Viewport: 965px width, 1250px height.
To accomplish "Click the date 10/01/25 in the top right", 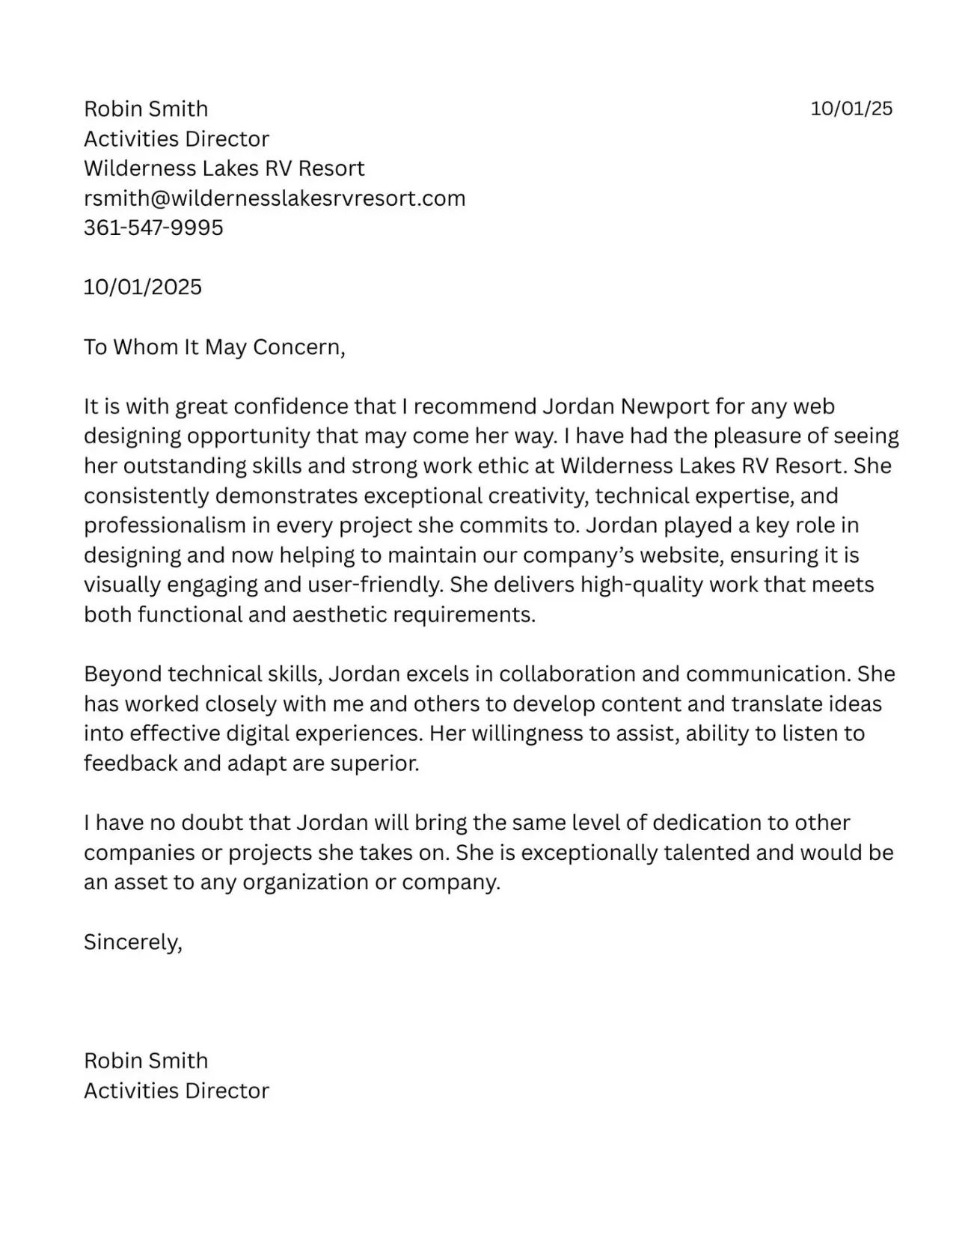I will tap(851, 109).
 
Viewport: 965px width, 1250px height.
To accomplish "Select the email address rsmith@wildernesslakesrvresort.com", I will tap(275, 198).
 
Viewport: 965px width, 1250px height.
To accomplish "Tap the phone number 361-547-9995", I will tap(153, 228).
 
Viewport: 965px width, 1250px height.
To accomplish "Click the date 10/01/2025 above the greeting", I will tap(143, 287).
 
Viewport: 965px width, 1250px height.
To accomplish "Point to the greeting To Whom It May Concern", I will tap(214, 347).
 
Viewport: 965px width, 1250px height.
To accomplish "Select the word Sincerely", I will tap(132, 942).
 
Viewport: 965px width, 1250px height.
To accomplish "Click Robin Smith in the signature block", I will tap(146, 1061).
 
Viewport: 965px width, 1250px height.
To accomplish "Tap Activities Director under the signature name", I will tap(177, 1091).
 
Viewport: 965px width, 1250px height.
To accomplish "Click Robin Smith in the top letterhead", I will tap(146, 109).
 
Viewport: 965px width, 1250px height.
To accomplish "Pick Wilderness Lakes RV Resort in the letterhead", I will tap(224, 168).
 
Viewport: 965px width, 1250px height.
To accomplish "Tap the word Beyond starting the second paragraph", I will tap(123, 674).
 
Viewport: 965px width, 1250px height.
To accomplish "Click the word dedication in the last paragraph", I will tap(707, 823).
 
